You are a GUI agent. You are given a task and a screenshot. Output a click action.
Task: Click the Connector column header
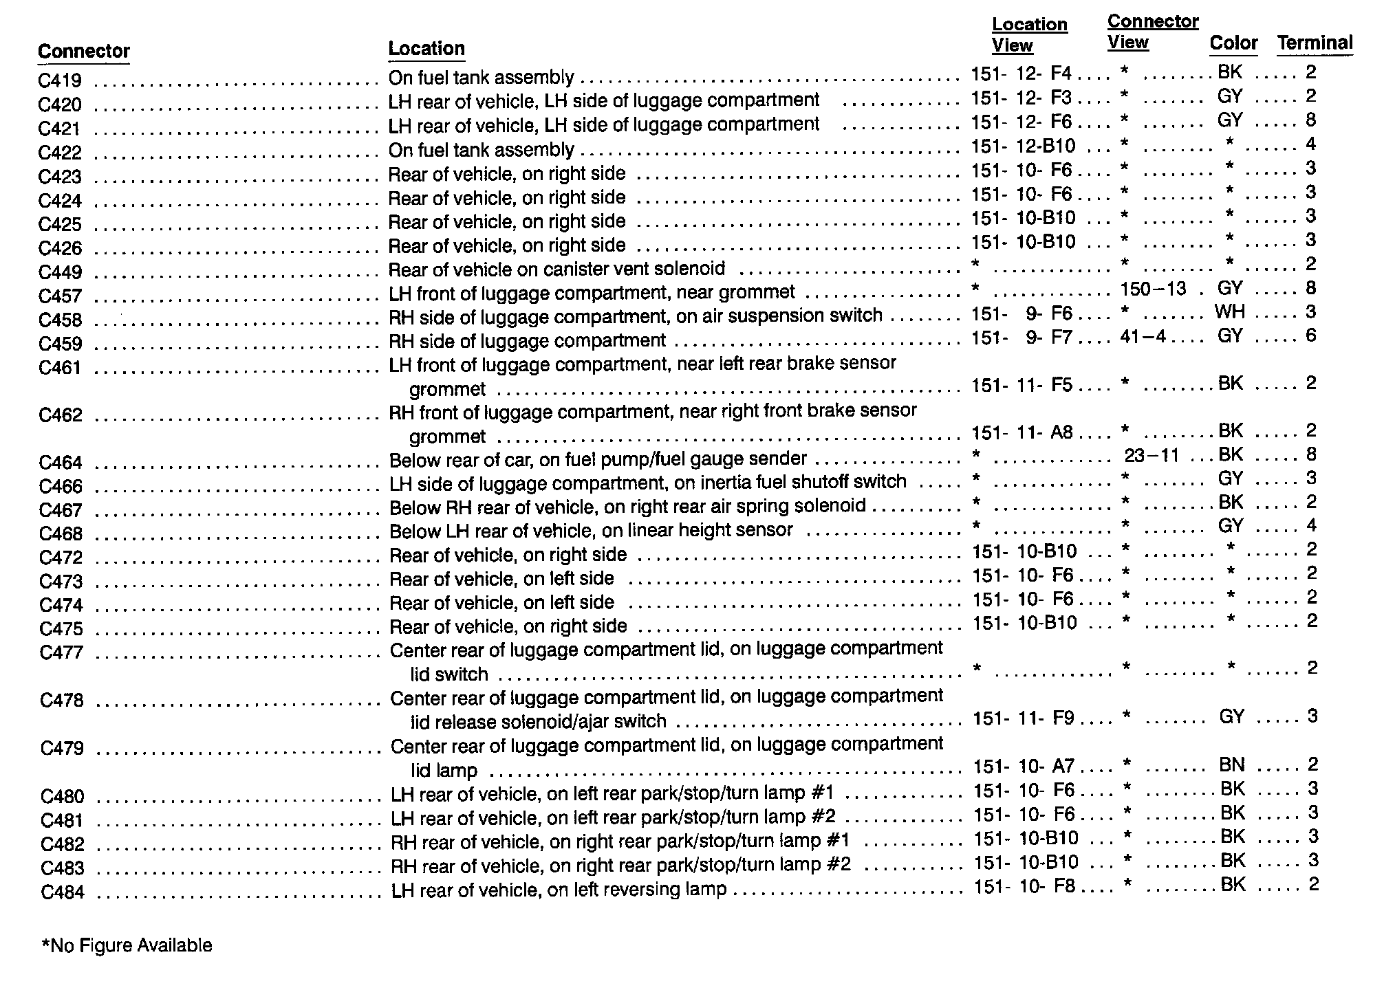tap(84, 52)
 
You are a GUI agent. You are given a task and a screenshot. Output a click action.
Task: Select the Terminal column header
tap(1315, 43)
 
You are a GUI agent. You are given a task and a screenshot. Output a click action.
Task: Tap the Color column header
tap(1233, 43)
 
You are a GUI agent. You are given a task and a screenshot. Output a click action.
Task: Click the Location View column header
tap(1029, 35)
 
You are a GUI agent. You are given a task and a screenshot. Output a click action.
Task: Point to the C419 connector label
tap(61, 81)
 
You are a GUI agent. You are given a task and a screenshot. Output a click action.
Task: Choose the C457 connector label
tap(61, 296)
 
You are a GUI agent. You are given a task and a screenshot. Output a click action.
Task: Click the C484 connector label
tap(62, 892)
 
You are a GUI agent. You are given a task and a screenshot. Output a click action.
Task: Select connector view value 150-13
tap(1153, 289)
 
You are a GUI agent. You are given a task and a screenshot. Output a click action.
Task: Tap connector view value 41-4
tap(1143, 337)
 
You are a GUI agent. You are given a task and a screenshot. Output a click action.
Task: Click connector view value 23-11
tap(1152, 455)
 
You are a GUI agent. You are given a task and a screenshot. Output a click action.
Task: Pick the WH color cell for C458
tap(1229, 312)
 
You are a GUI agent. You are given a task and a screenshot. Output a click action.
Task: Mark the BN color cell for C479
tap(1231, 764)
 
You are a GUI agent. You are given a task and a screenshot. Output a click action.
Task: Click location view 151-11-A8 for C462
tap(1022, 432)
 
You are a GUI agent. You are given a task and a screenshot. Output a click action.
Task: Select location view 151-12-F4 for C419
tap(1021, 73)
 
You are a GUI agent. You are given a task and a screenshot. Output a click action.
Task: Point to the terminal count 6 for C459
tap(1310, 335)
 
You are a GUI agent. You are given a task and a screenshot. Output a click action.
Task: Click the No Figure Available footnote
tap(127, 946)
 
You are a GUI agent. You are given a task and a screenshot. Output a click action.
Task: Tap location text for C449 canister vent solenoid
tap(556, 269)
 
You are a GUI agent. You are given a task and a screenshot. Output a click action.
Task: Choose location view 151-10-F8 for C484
tap(1024, 886)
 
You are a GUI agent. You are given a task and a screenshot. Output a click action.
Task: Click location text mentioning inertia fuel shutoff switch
tap(647, 483)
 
